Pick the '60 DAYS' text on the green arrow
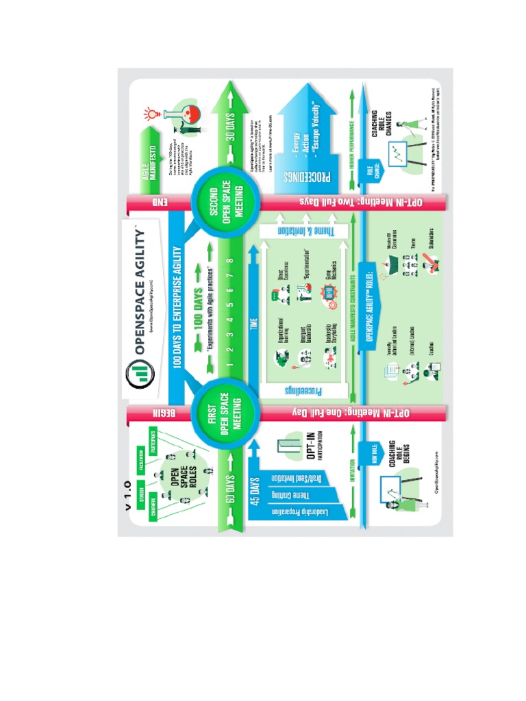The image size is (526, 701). coord(229,488)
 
